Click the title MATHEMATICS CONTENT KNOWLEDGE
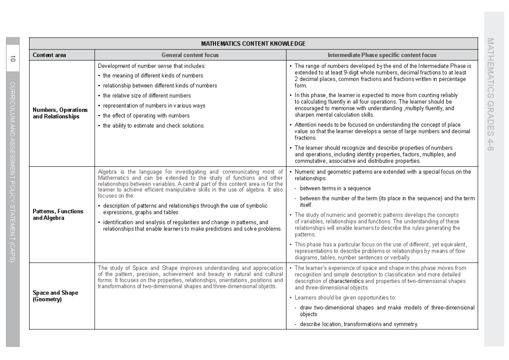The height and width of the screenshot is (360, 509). click(x=253, y=44)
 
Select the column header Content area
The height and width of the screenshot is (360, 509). click(x=49, y=55)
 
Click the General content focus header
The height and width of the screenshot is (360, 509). click(x=190, y=55)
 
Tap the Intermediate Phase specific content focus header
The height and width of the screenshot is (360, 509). click(x=382, y=55)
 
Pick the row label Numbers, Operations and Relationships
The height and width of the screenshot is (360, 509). click(x=60, y=113)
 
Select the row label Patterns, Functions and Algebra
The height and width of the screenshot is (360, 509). click(x=58, y=215)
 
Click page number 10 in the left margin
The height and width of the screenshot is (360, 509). click(x=13, y=59)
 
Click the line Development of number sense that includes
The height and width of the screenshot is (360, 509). click(x=151, y=66)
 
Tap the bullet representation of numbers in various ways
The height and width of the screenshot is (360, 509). click(x=154, y=106)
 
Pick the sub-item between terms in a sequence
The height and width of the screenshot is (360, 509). click(x=335, y=188)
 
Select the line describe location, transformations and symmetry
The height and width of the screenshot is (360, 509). click(x=359, y=324)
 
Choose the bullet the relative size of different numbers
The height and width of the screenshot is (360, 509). click(x=147, y=96)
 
